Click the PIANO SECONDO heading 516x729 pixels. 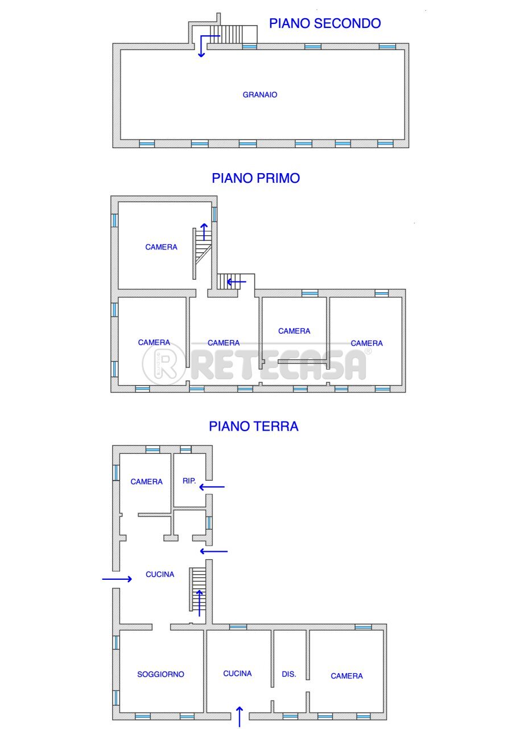click(x=325, y=23)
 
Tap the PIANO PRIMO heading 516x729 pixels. click(x=256, y=178)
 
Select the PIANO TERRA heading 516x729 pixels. click(x=254, y=427)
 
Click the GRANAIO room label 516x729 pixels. click(x=260, y=95)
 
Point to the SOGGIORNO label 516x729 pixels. click(x=160, y=674)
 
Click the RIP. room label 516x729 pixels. click(x=189, y=481)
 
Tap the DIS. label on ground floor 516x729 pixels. click(x=289, y=674)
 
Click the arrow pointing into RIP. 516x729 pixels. click(x=212, y=487)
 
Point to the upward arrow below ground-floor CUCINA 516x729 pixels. click(x=240, y=716)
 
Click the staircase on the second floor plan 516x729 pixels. click(x=233, y=35)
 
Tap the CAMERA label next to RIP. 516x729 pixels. click(x=146, y=482)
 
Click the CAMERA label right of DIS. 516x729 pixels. click(x=346, y=676)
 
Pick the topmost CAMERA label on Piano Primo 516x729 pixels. click(x=161, y=247)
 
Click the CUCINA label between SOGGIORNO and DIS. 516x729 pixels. click(x=237, y=673)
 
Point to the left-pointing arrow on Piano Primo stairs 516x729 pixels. click(x=236, y=281)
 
